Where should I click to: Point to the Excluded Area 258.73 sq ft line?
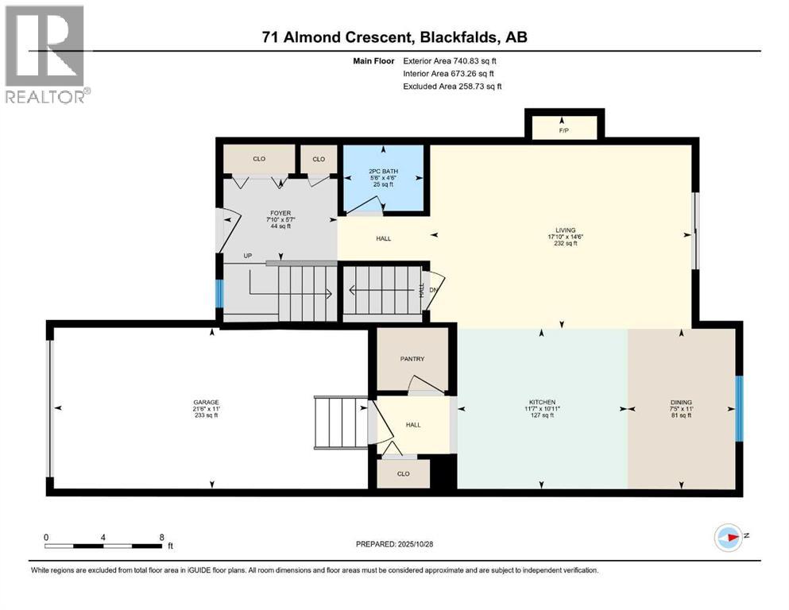coord(452,86)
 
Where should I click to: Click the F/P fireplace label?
coord(563,129)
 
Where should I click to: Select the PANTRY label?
coord(412,359)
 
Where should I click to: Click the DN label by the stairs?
coord(433,290)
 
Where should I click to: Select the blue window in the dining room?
coord(738,408)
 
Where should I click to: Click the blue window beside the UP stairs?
coord(219,294)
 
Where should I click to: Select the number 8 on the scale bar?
coord(162,537)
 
